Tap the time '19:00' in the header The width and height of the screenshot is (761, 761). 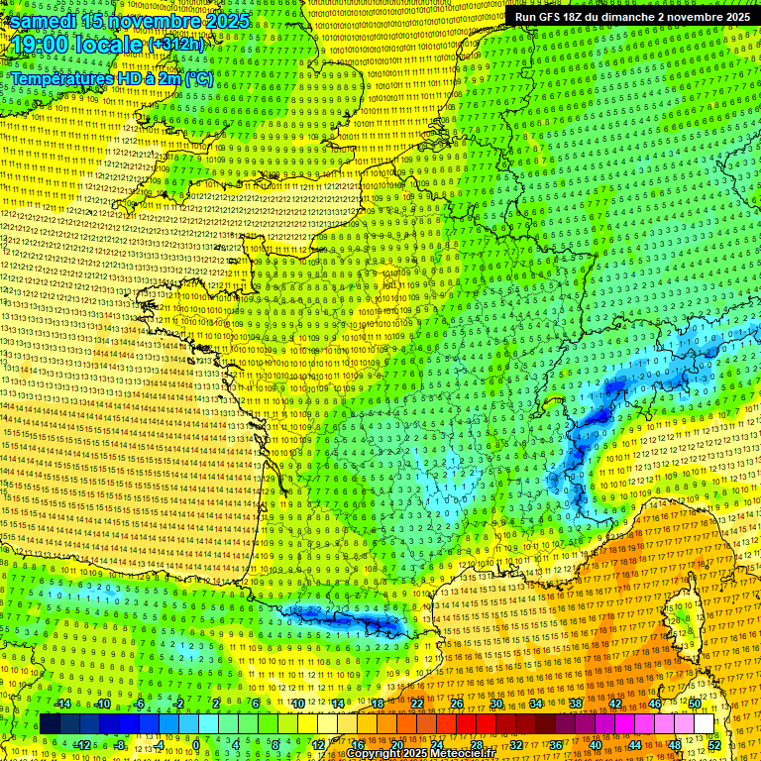(x=40, y=46)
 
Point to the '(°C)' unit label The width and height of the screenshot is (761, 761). (x=197, y=78)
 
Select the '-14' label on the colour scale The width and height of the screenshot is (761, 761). (x=62, y=704)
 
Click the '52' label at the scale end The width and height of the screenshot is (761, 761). (x=714, y=745)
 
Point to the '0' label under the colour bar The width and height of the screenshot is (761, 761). (x=197, y=745)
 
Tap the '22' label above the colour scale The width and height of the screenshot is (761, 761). (x=417, y=704)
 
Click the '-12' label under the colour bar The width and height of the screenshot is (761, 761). (x=82, y=745)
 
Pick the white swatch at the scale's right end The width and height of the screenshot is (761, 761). (x=704, y=724)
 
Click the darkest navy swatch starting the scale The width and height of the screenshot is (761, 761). (x=50, y=724)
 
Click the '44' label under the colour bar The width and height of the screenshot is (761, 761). (x=635, y=745)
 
